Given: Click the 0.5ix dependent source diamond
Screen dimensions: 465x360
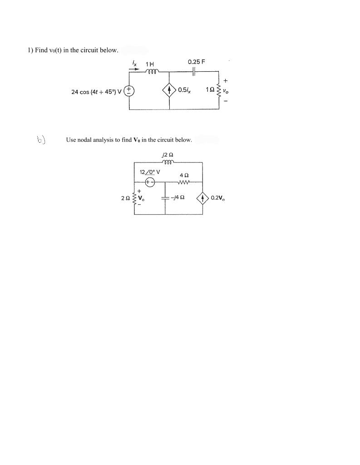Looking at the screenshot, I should (x=170, y=91).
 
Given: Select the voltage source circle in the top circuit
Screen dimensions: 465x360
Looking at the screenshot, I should (x=128, y=91).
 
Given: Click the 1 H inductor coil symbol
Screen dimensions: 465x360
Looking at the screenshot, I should (x=152, y=71).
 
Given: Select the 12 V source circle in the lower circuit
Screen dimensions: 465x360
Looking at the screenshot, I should (x=150, y=182).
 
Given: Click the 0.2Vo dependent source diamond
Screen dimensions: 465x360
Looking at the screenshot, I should (x=202, y=198).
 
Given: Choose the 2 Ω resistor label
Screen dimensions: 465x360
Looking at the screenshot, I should (x=125, y=198).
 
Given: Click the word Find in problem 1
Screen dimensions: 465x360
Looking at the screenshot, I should (x=41, y=50).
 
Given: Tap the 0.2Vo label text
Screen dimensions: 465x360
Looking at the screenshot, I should (x=217, y=198).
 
